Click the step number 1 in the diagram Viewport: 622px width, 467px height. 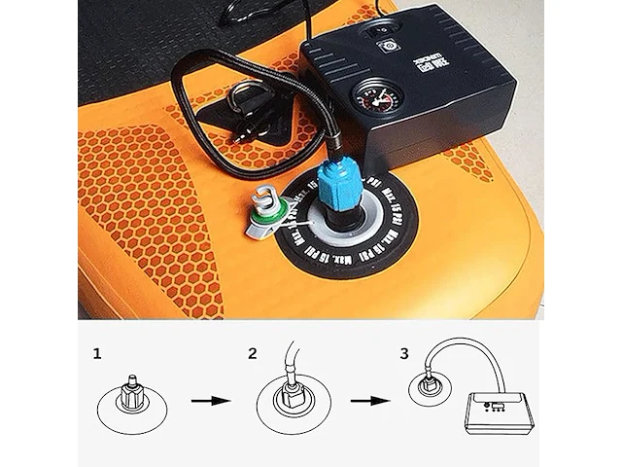(97, 353)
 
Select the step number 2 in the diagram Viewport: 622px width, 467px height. (253, 353)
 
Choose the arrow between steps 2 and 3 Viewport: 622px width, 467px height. (364, 400)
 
